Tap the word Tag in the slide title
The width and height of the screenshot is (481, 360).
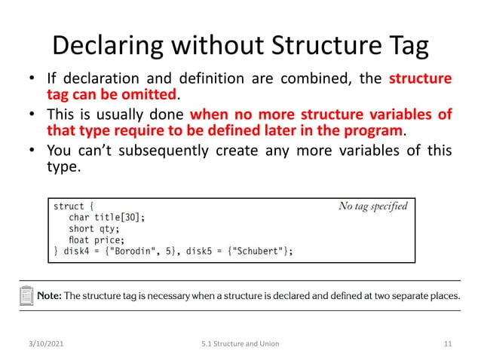click(403, 46)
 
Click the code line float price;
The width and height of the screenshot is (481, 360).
click(97, 240)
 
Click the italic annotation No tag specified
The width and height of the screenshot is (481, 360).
click(372, 206)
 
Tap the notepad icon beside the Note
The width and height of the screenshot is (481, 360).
click(26, 294)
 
